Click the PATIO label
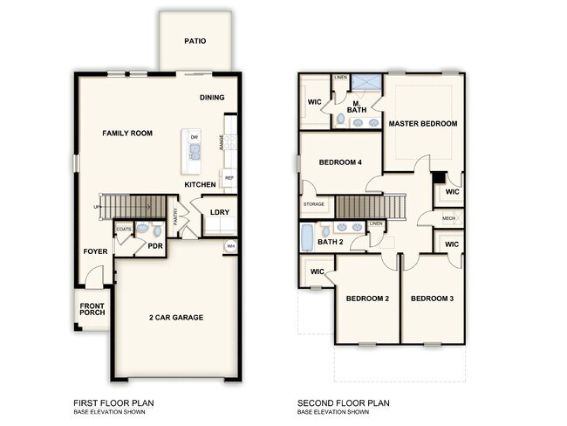click(195, 40)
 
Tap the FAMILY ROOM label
click(127, 134)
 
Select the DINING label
click(213, 98)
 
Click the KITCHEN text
click(201, 185)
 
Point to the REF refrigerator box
click(229, 178)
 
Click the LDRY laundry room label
click(219, 212)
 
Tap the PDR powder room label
click(155, 246)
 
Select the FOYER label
click(94, 251)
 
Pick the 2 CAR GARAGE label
click(176, 317)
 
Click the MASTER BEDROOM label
click(423, 124)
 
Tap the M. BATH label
click(356, 107)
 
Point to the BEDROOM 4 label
click(340, 162)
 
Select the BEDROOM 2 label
click(367, 299)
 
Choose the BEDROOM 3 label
click(433, 299)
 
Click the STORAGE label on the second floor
click(314, 204)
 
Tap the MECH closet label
click(449, 218)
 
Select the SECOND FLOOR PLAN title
click(343, 402)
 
